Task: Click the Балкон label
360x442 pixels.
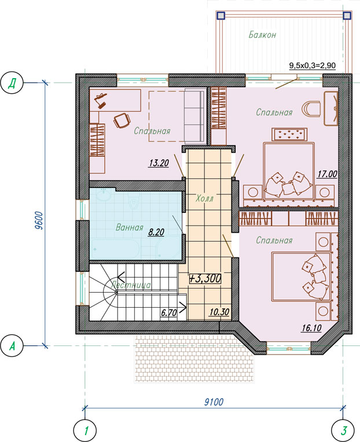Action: click(262, 35)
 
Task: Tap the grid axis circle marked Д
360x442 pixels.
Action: click(12, 83)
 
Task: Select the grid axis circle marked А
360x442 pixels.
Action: click(12, 346)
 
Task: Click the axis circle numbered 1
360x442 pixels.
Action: click(85, 430)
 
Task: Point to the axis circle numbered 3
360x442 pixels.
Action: click(343, 430)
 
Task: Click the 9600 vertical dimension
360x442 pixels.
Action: click(39, 220)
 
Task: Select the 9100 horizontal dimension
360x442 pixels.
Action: click(214, 402)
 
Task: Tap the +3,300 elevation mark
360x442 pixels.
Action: click(205, 278)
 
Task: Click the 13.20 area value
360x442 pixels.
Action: click(159, 163)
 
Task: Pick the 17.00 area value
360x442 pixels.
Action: click(327, 174)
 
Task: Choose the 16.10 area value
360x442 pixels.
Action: click(311, 328)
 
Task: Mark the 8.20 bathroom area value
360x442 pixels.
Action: click(156, 232)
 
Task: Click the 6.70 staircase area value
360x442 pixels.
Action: click(169, 312)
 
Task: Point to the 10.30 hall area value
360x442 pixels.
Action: click(219, 312)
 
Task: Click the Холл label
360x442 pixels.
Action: click(205, 198)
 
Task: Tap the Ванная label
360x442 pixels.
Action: click(130, 227)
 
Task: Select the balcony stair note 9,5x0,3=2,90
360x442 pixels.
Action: click(313, 66)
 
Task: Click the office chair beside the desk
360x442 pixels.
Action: click(122, 121)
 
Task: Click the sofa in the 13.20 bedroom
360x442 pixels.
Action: click(194, 116)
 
